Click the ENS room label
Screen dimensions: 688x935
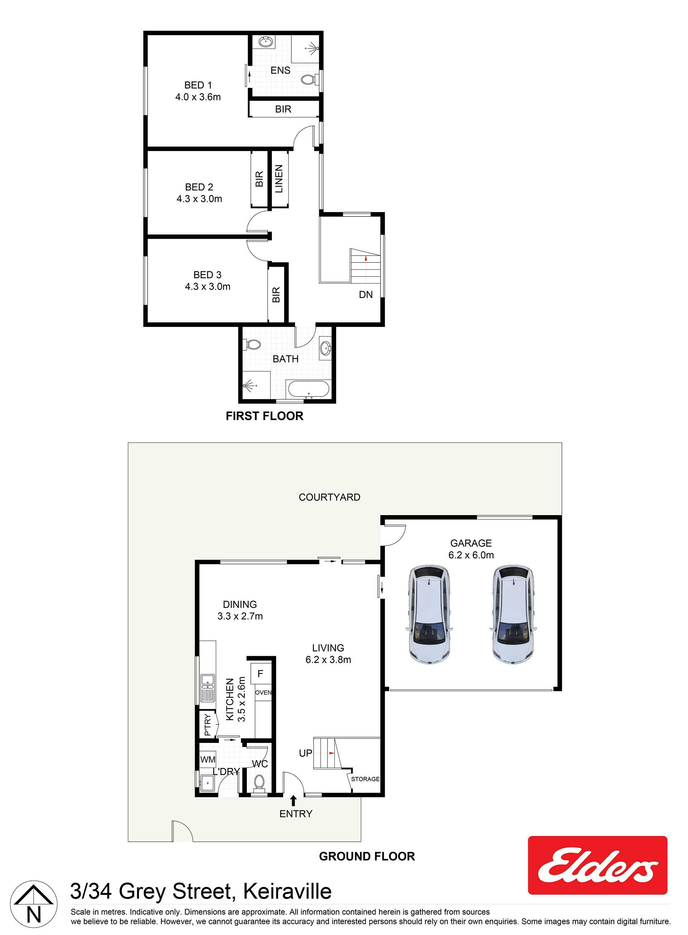pos(280,70)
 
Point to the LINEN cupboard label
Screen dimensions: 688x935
pos(279,179)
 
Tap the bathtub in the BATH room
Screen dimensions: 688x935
pos(309,389)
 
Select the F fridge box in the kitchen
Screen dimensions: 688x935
pos(261,674)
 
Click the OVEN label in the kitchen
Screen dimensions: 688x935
pos(263,693)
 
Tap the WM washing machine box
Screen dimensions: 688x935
pos(207,759)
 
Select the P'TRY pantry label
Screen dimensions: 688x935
pos(207,725)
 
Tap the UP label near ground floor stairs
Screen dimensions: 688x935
pos(306,753)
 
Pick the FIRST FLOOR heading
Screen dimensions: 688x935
pos(264,416)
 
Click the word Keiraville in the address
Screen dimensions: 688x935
pos(287,891)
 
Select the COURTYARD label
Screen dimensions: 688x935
pos(329,497)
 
